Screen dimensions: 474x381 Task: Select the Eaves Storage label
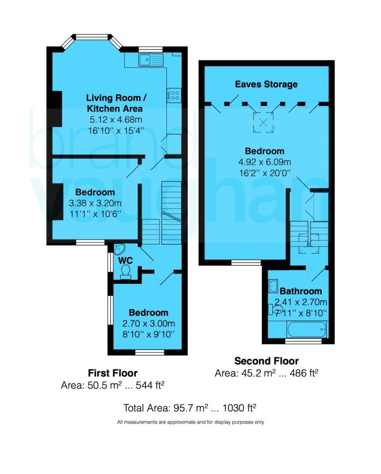click(266, 84)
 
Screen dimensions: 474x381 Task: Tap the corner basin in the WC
click(120, 249)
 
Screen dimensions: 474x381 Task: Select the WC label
click(125, 261)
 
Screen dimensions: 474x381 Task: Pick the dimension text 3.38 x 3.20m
click(95, 203)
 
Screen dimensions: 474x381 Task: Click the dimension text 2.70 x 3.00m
click(149, 323)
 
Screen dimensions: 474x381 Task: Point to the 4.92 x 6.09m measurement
click(264, 162)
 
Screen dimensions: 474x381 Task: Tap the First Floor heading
click(112, 373)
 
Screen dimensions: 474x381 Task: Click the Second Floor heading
click(266, 361)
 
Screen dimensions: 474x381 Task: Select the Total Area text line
click(190, 408)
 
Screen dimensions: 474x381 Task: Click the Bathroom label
click(300, 291)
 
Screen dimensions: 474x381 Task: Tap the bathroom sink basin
click(273, 286)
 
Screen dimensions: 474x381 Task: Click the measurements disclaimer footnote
click(190, 422)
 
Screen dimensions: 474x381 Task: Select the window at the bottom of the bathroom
click(303, 341)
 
